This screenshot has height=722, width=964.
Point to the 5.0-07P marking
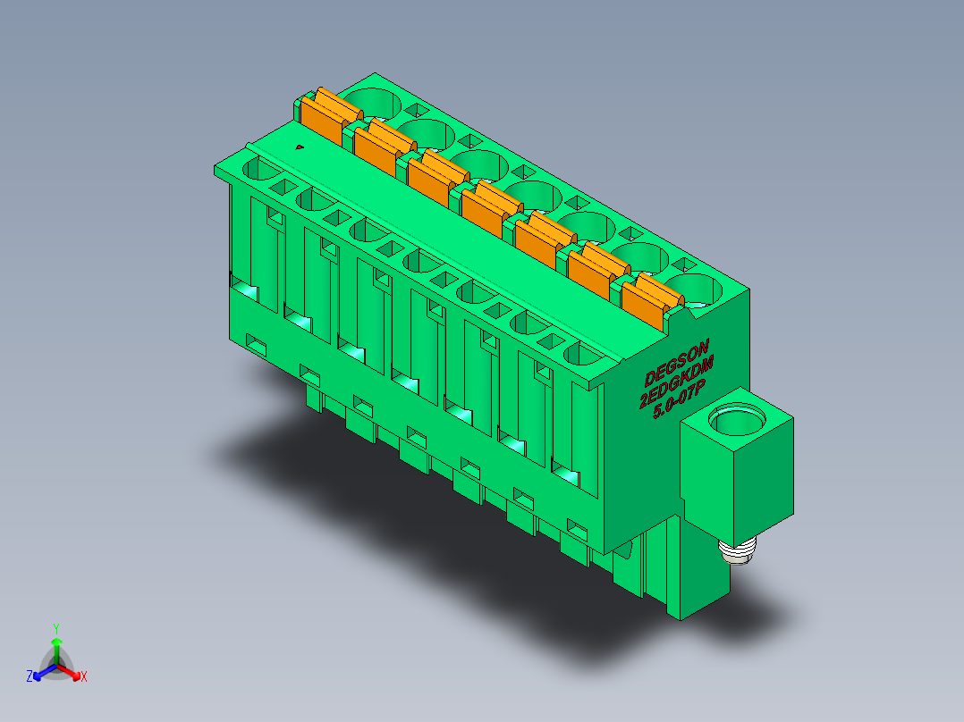coord(680,400)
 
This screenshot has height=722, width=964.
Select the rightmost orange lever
coord(652,301)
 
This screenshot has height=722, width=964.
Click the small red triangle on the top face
coord(300,147)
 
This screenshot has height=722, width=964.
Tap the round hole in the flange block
coord(737,419)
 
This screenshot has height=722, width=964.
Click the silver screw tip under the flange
coord(738,551)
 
